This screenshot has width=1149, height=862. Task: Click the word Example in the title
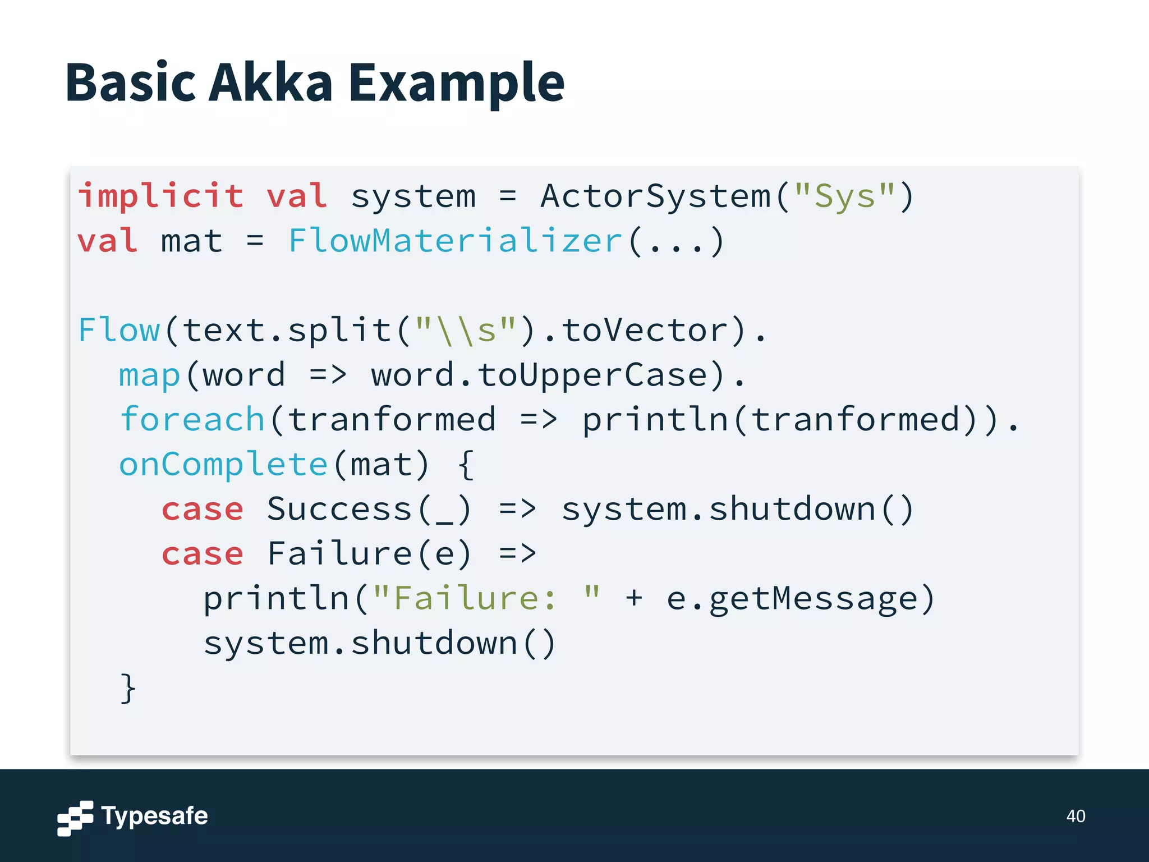(456, 83)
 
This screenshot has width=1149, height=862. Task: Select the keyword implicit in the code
(161, 196)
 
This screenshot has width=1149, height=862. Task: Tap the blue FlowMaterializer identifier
(455, 241)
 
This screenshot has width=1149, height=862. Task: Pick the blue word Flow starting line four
(119, 330)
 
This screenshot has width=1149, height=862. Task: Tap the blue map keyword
(150, 375)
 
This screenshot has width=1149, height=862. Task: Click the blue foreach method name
(192, 420)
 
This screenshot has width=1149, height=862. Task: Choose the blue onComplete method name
(223, 465)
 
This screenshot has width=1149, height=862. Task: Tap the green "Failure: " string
(486, 598)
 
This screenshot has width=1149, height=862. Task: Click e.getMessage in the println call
(792, 598)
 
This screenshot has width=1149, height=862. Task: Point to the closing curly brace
(128, 688)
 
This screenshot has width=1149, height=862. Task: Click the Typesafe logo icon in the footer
(75, 818)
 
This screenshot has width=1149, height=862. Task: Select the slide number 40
(1076, 816)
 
